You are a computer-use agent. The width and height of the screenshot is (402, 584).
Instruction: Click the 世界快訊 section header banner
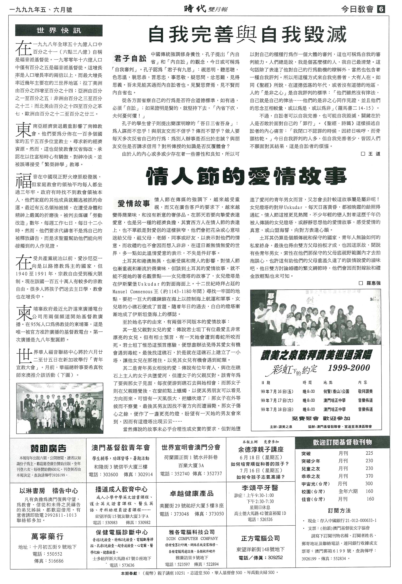[x=59, y=31]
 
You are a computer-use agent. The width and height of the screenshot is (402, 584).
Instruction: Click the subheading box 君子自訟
[x=130, y=59]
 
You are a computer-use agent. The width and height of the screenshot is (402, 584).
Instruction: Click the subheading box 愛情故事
[x=133, y=203]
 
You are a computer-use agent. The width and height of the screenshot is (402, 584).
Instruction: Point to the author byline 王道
[x=371, y=154]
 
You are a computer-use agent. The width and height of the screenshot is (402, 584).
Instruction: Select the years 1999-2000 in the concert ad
[x=349, y=368]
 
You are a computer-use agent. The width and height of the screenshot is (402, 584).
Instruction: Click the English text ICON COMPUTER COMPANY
[x=192, y=538]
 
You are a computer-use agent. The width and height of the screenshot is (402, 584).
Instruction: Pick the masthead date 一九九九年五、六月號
[x=41, y=10]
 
